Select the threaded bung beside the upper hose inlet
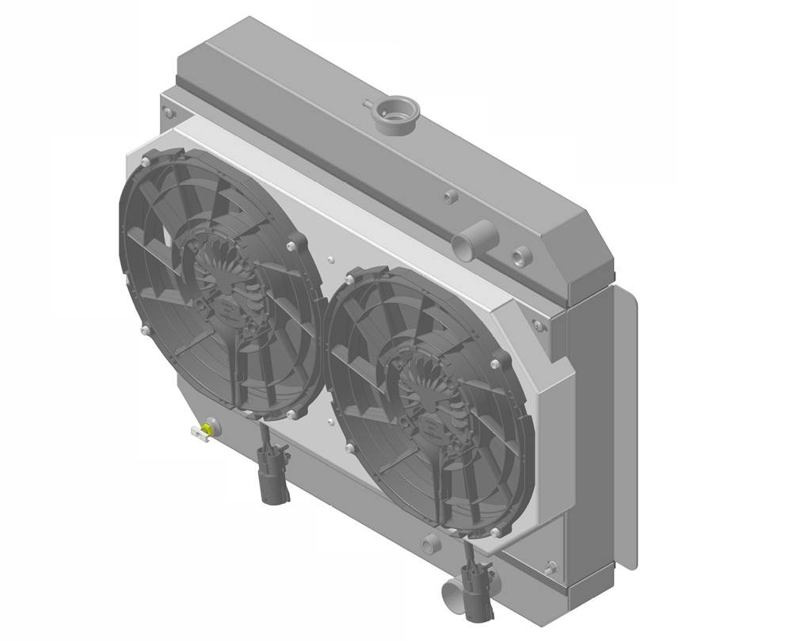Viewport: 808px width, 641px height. pyautogui.click(x=520, y=255)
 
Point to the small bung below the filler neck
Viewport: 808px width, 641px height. pyautogui.click(x=451, y=196)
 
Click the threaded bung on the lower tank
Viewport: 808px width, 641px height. pyautogui.click(x=429, y=544)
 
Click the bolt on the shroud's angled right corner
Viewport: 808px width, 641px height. pyautogui.click(x=538, y=325)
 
